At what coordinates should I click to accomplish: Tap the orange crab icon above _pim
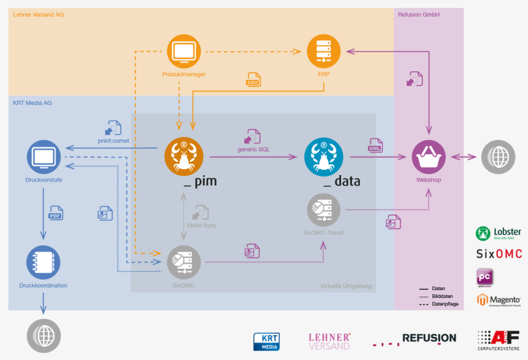[x=184, y=156]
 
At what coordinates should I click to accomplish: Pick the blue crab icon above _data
[x=324, y=156]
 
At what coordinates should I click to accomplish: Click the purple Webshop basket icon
[x=428, y=157]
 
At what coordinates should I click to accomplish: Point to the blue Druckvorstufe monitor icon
[x=43, y=157]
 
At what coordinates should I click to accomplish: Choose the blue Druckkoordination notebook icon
[x=43, y=263]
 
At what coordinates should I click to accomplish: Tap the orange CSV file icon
[x=253, y=80]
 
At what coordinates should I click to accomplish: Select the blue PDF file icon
[x=56, y=212]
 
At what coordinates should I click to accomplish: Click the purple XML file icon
[x=375, y=145]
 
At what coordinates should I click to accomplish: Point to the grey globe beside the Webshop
[x=498, y=156]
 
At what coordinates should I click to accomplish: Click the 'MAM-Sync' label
[x=202, y=225]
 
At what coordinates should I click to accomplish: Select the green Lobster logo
[x=498, y=233]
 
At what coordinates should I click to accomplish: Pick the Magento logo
[x=498, y=300]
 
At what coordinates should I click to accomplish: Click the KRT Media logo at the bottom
[x=267, y=341]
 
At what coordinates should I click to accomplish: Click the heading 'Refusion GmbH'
[x=419, y=14]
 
